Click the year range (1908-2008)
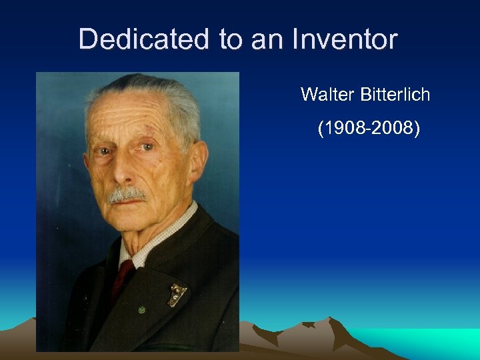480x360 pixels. coord(369,128)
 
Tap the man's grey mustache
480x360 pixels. coord(127,195)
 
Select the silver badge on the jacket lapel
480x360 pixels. coord(177,294)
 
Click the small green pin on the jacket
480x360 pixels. coord(141,310)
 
